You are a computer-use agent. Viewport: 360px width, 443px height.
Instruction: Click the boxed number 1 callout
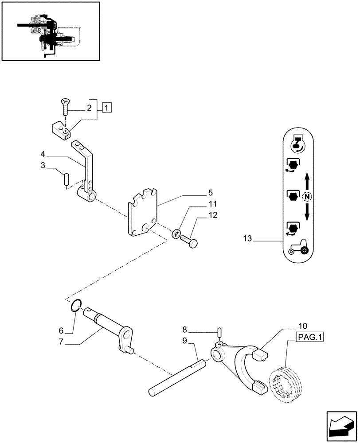(106, 107)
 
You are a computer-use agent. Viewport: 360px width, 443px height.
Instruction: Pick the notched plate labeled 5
(143, 213)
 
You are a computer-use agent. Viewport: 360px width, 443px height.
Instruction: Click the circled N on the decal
(306, 196)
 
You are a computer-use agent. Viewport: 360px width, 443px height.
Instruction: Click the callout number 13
(247, 239)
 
